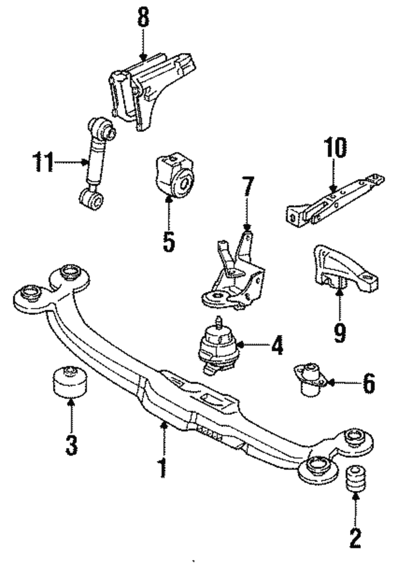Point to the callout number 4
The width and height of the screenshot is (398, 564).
277,344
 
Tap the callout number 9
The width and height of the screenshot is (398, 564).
339,333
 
